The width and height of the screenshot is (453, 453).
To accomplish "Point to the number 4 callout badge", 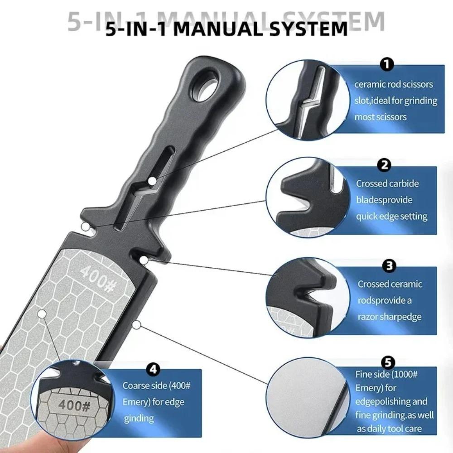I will [x=153, y=370].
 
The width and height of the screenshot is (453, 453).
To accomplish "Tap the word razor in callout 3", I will [x=369, y=317].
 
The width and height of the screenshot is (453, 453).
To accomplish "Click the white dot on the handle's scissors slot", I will [x=152, y=181].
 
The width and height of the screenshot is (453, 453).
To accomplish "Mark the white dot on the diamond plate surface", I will [x=42, y=313].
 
